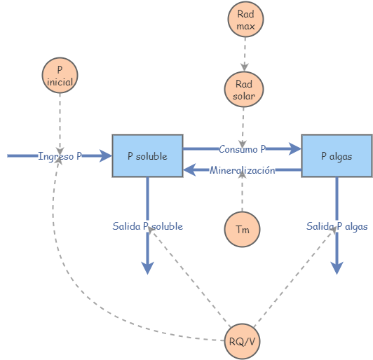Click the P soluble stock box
147,155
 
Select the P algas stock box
337,155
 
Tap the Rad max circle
245,19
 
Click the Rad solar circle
244,89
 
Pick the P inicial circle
60,75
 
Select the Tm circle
242,229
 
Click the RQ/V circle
242,342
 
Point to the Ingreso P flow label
60,156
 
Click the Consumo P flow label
242,149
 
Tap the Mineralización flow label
242,170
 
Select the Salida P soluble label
147,226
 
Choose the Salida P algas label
337,226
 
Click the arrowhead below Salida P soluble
147,267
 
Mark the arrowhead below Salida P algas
337,267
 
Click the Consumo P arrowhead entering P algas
294,148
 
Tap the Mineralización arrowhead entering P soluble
190,169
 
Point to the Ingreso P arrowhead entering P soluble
105,155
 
